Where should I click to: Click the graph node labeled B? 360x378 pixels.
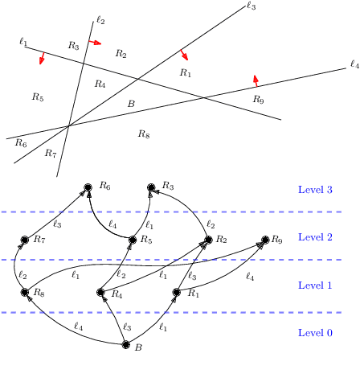click(x=125, y=346)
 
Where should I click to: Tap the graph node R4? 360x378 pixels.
click(x=101, y=294)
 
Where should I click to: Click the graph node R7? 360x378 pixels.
click(x=25, y=240)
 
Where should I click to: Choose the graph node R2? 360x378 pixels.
click(x=207, y=240)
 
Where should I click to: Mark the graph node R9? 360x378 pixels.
click(x=265, y=240)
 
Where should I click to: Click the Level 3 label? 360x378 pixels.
click(x=314, y=190)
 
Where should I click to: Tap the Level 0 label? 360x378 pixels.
click(x=314, y=332)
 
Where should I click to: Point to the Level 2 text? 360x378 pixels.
click(x=314, y=237)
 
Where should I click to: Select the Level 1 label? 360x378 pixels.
click(x=314, y=285)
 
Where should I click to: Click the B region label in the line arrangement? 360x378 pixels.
click(x=131, y=104)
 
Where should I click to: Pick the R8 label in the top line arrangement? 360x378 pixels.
click(x=144, y=134)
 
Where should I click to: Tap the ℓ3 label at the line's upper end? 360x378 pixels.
click(x=251, y=7)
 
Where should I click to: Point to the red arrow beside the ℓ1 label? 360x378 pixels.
click(x=42, y=59)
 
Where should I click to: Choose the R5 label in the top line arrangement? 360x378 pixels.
click(x=37, y=97)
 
